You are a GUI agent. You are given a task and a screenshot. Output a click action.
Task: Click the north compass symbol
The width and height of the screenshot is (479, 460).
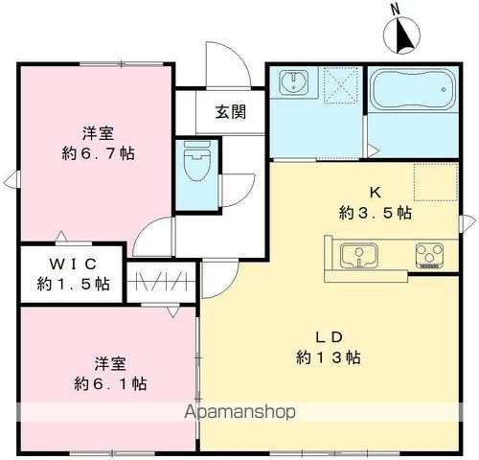click(402, 34)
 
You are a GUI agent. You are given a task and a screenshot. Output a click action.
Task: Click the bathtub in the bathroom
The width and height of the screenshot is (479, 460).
click(413, 94)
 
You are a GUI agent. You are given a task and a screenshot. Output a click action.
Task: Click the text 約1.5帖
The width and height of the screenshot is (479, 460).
click(74, 284)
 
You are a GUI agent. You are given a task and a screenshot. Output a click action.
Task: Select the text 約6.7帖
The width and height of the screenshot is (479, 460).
click(96, 154)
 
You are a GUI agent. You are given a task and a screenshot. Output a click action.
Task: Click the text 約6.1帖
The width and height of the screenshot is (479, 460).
click(109, 383)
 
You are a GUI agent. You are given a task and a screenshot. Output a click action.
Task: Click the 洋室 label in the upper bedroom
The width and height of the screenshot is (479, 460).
click(96, 133)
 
